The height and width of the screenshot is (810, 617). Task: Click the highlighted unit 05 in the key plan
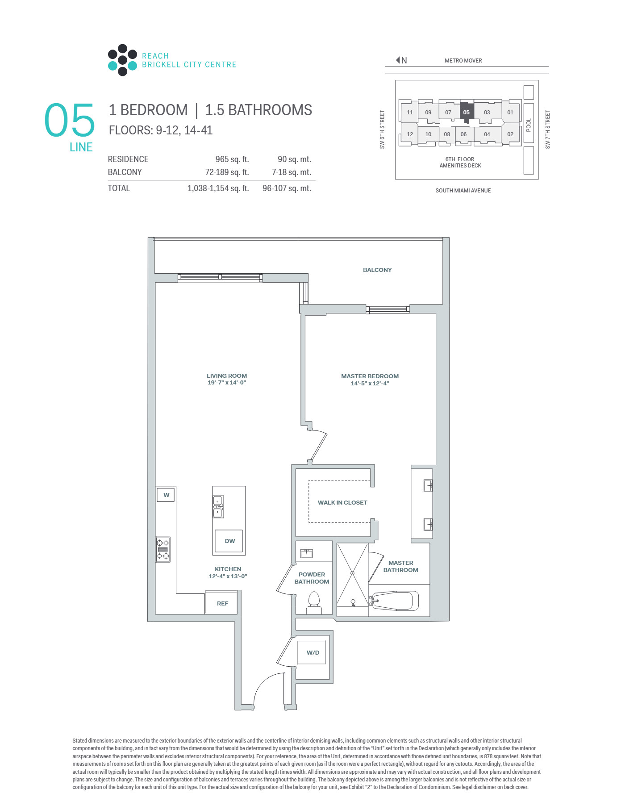tap(466, 112)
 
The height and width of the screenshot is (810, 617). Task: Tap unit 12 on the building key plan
tap(409, 134)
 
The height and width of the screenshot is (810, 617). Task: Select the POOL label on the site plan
tap(529, 125)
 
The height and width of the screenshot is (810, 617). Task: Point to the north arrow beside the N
tap(398, 60)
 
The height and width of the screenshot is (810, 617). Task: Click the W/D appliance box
tap(312, 652)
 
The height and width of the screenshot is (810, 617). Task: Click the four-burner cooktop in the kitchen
tap(163, 549)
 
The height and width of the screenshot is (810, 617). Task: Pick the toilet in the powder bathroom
tap(314, 603)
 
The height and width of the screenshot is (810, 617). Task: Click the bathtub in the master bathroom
tap(394, 601)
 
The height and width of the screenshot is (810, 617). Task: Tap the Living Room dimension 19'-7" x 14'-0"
tap(227, 383)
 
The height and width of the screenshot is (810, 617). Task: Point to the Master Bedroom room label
tap(370, 376)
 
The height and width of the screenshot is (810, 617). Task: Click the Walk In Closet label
tap(342, 502)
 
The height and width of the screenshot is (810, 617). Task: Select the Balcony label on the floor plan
tap(377, 270)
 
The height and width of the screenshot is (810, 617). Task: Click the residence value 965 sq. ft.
tap(232, 159)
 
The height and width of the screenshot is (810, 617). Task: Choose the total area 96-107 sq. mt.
tap(287, 188)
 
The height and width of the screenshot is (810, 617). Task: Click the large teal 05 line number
tap(70, 120)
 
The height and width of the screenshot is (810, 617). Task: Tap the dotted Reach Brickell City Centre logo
tap(122, 60)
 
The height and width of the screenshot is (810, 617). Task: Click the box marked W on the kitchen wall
tap(166, 495)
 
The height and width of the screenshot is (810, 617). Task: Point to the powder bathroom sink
tap(306, 553)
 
